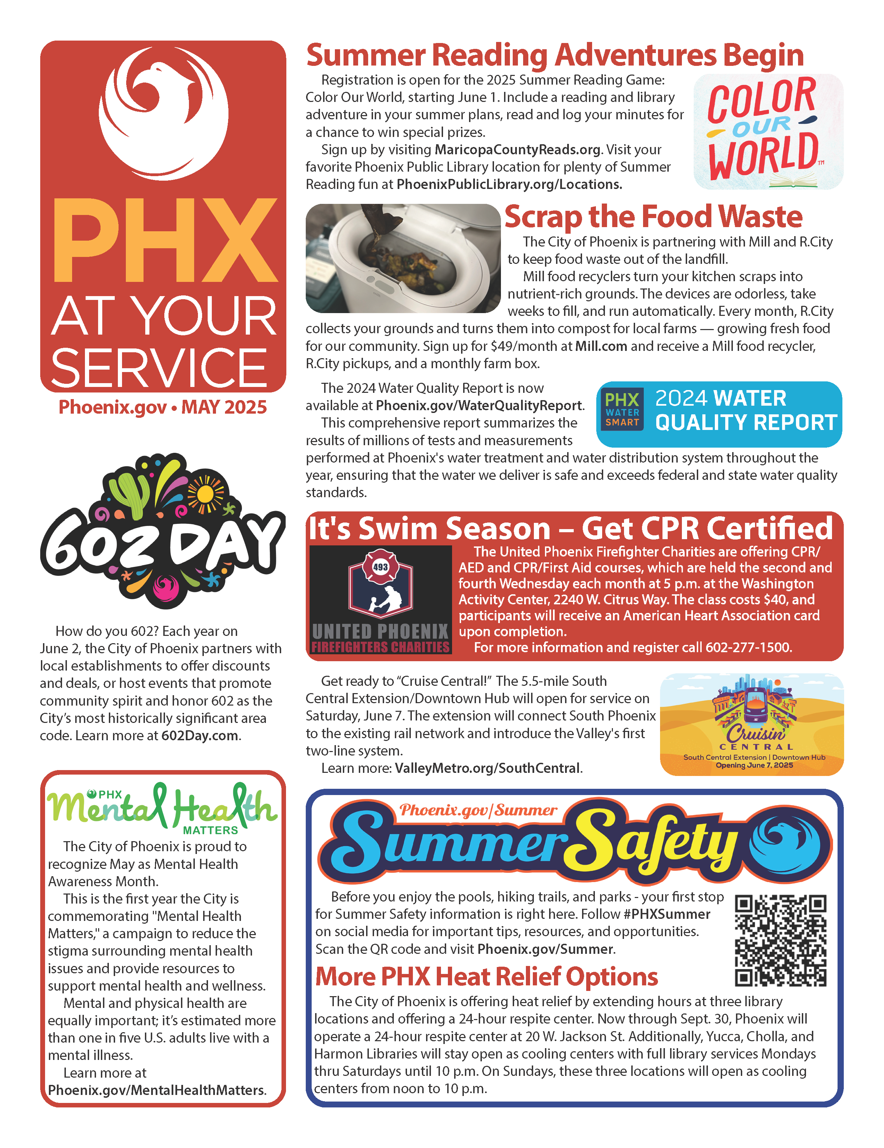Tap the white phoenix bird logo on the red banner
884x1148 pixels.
(163, 113)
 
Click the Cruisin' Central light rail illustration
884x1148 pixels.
(752, 724)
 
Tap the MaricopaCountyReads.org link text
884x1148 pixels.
(517, 150)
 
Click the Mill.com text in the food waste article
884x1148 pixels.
(601, 346)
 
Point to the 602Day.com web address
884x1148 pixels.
(200, 735)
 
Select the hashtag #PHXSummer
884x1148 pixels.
(666, 914)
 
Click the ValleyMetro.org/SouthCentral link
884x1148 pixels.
(488, 768)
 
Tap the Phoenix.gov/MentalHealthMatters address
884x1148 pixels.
(157, 1090)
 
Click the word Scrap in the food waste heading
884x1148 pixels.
(543, 217)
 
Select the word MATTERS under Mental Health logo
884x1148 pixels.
(210, 830)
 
